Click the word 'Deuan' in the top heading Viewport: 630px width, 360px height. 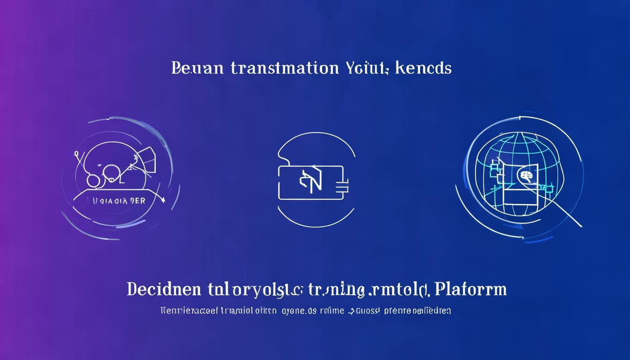[x=198, y=68]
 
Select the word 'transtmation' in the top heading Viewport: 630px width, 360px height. [x=285, y=68]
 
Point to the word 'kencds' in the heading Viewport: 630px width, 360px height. [x=424, y=68]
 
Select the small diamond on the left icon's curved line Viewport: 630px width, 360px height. [x=162, y=200]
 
